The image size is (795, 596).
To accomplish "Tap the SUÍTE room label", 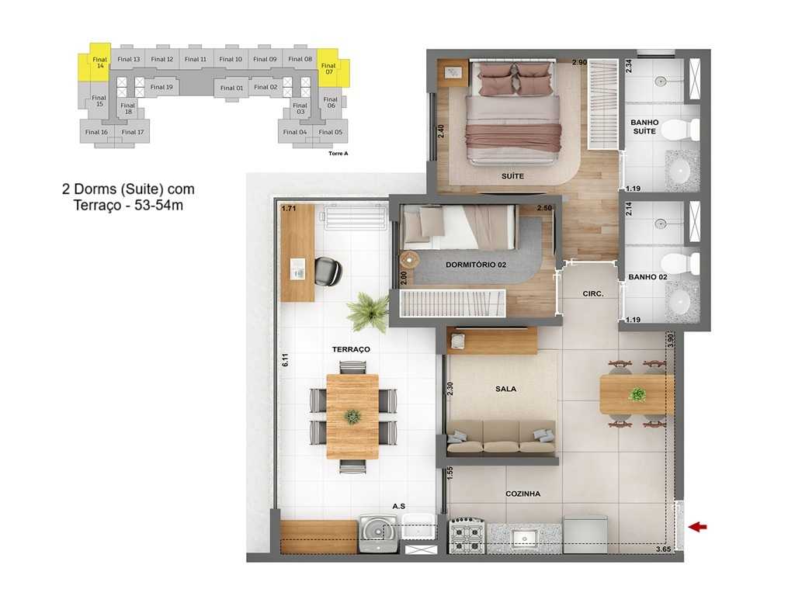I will [x=512, y=176].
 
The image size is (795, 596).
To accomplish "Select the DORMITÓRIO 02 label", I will [x=476, y=265].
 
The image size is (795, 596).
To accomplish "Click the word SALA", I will [x=506, y=389].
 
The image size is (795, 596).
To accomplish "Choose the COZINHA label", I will [x=522, y=494].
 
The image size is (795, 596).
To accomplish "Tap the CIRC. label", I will [x=593, y=294].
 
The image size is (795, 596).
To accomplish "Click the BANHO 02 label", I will [x=647, y=277].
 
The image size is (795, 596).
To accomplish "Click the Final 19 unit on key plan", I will [x=161, y=87].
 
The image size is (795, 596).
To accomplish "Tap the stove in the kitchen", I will [x=467, y=535].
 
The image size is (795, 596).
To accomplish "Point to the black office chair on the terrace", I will [x=328, y=271].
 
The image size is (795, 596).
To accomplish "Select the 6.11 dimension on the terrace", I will [x=286, y=360].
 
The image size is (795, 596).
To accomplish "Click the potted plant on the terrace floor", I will [x=367, y=312].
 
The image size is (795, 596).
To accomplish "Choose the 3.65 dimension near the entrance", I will [x=662, y=549].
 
